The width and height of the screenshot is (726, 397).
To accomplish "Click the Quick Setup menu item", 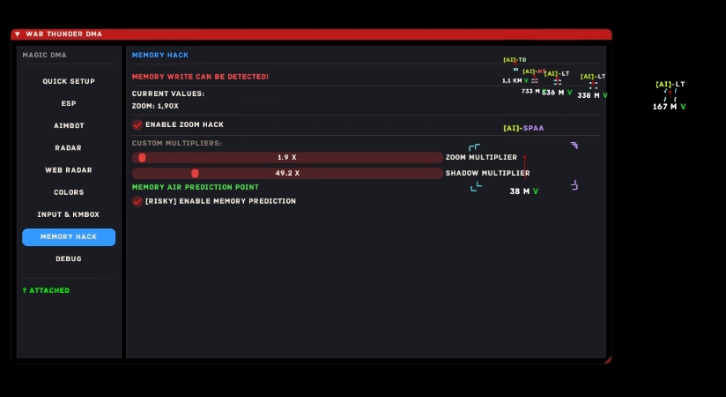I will pyautogui.click(x=69, y=81).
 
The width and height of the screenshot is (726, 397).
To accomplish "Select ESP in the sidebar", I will pyautogui.click(x=69, y=103).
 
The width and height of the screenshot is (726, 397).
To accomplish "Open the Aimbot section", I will pyautogui.click(x=69, y=125).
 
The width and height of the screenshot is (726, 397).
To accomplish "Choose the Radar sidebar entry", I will pyautogui.click(x=69, y=147).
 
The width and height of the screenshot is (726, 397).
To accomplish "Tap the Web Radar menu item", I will pyautogui.click(x=69, y=169).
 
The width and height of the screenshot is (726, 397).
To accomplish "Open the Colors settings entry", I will pyautogui.click(x=69, y=191).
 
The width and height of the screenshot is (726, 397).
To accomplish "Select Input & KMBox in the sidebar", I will pyautogui.click(x=69, y=214).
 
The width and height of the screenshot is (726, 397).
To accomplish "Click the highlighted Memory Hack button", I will pyautogui.click(x=69, y=236).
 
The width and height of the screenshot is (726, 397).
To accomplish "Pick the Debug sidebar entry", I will pyautogui.click(x=69, y=258).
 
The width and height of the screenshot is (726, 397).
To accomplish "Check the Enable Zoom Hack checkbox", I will pyautogui.click(x=137, y=124).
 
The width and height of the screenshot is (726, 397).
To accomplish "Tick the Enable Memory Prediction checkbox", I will pyautogui.click(x=137, y=201).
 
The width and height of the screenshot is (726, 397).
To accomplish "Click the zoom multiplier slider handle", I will pyautogui.click(x=142, y=158).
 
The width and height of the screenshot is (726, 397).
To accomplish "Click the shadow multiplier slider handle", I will pyautogui.click(x=195, y=173).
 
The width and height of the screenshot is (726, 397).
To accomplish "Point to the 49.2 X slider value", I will pyautogui.click(x=287, y=173).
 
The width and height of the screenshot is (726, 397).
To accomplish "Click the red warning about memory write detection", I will pyautogui.click(x=200, y=77).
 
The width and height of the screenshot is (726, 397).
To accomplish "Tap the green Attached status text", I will pyautogui.click(x=46, y=290).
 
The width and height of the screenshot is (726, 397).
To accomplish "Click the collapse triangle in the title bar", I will pyautogui.click(x=18, y=34).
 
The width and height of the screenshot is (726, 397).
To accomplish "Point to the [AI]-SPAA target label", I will pyautogui.click(x=523, y=128).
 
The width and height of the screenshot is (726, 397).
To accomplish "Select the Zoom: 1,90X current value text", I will pyautogui.click(x=155, y=106).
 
